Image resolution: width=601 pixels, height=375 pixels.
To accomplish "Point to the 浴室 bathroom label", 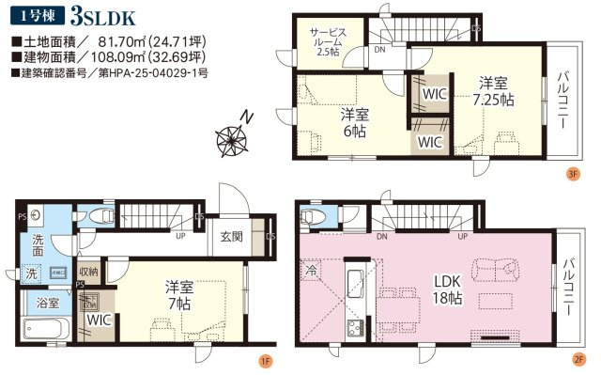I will coord(48,304).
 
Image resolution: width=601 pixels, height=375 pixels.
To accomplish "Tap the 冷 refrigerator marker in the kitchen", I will coord(311,270).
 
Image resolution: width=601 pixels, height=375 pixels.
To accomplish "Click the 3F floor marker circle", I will coord(572,173).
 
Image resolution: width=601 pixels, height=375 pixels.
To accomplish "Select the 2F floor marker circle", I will coord(579,357).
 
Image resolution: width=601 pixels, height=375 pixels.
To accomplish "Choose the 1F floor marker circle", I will coord(267,357).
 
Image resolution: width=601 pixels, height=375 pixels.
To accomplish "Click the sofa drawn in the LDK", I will coord(496,267).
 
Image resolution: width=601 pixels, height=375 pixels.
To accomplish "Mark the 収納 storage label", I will coord(88,273).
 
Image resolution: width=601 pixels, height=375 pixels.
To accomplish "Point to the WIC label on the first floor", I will coord(98,320).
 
